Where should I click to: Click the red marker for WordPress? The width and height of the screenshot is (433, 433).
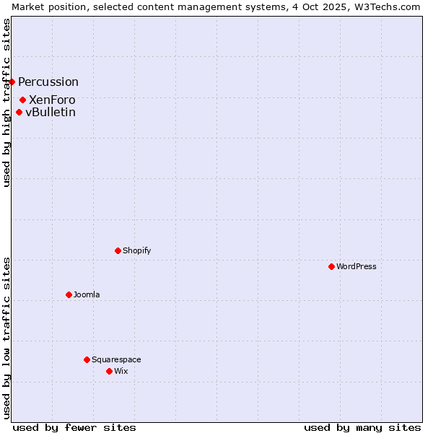[331, 266]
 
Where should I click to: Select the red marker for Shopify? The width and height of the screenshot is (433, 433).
[118, 250]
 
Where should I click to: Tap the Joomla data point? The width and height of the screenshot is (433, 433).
[69, 294]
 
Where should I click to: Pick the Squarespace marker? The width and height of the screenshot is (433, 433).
[87, 359]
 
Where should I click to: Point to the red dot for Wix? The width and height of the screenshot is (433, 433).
[109, 371]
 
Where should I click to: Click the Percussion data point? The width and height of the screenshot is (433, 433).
[12, 82]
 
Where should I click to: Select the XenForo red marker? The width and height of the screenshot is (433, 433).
[23, 100]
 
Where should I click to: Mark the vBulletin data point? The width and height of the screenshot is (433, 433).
[19, 112]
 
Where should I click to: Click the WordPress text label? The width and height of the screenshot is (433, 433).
[357, 266]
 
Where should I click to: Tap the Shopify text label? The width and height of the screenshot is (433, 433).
[137, 250]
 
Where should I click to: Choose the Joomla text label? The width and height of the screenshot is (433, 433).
[87, 294]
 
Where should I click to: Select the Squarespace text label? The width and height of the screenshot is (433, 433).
[116, 359]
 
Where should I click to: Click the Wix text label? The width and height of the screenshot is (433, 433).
[121, 371]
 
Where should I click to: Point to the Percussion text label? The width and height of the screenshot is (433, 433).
[48, 82]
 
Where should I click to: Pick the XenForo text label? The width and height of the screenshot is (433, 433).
[52, 100]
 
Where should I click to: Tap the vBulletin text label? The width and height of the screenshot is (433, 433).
[51, 112]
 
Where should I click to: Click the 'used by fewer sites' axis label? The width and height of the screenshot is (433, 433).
[74, 427]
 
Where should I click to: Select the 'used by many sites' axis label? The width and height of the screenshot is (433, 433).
[362, 427]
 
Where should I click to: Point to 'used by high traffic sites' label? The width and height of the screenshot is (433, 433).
[6, 102]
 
